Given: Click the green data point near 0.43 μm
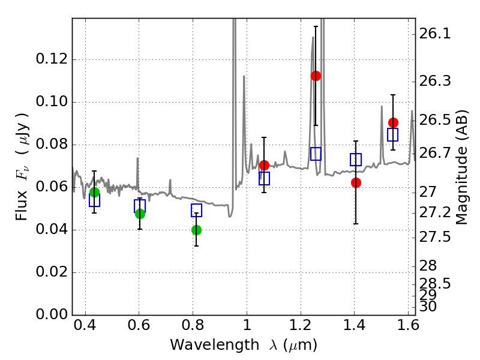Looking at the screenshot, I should pos(94,192).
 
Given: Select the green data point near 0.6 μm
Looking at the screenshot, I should pos(140,214).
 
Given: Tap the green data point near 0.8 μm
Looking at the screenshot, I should pos(196,230).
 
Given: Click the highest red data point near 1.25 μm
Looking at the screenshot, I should pos(316,76).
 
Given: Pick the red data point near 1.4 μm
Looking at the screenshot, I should pos(356,182).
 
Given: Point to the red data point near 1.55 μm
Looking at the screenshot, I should pos(393,122).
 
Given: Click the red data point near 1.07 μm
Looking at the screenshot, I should pos(264,165).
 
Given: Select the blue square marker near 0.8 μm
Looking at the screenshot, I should pos(196,210).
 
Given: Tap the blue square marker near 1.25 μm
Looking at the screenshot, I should pos(316,154).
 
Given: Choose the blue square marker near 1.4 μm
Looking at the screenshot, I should pos(356,160).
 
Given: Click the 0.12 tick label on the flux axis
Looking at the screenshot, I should pos(52,59).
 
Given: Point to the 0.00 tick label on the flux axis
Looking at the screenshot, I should pos(52,315).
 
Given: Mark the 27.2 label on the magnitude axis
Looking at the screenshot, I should pos(436,213).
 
